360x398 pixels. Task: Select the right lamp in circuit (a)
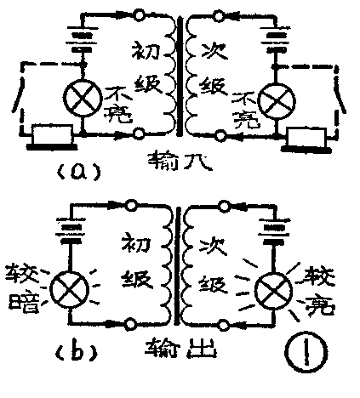pyautogui.click(x=272, y=97)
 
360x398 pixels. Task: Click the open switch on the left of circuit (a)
pyautogui.click(x=19, y=100)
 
